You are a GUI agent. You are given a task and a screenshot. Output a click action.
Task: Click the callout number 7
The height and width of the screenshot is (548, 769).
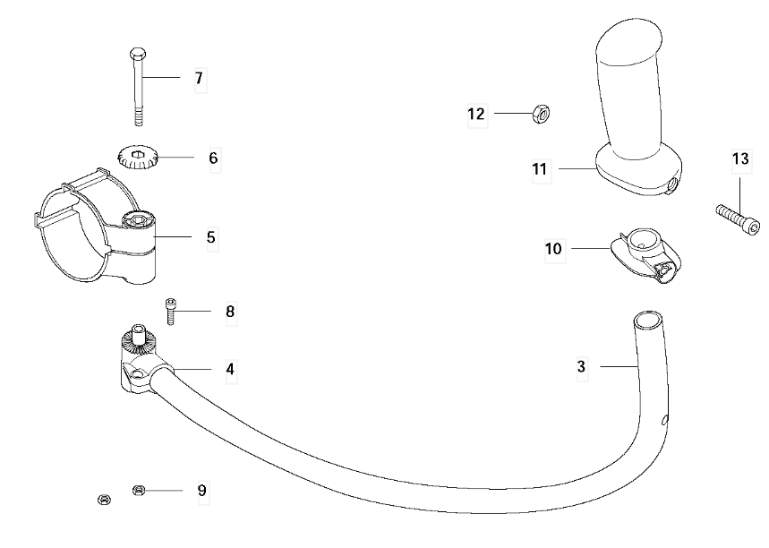point(199,78)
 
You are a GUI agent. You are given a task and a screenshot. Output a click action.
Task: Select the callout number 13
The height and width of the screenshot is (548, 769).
point(740,159)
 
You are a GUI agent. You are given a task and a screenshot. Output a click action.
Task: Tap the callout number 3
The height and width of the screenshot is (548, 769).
point(581,366)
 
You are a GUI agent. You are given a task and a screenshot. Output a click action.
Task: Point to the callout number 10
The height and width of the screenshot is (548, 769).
point(553,249)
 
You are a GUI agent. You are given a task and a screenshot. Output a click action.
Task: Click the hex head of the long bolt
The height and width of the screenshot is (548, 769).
point(138,54)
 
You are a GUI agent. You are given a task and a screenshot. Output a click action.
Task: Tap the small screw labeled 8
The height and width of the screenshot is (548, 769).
point(170,311)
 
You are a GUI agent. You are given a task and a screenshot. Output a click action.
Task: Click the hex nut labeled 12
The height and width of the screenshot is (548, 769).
point(541,114)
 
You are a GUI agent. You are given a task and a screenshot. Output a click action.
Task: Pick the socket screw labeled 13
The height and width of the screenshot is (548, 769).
point(738,219)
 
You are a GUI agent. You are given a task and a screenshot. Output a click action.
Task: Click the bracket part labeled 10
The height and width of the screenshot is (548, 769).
point(645,255)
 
